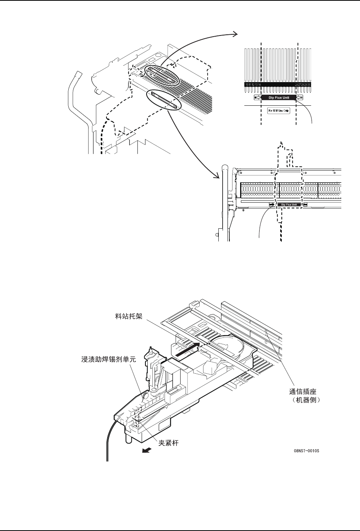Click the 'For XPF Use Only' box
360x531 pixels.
[278, 111]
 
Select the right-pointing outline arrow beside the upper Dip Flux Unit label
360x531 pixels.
[257, 97]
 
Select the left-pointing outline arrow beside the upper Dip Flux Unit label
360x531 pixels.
[300, 97]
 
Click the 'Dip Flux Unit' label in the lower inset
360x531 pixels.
[288, 205]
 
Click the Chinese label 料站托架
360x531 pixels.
[129, 316]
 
